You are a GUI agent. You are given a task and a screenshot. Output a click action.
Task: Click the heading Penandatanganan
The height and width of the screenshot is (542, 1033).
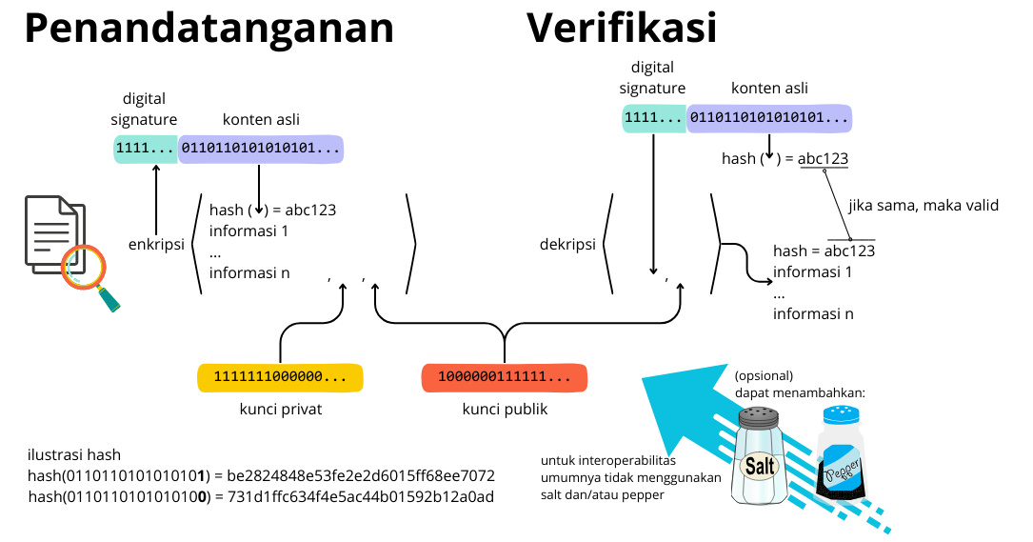click(x=209, y=29)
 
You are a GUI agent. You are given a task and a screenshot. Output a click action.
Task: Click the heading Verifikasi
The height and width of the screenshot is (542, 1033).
click(x=622, y=29)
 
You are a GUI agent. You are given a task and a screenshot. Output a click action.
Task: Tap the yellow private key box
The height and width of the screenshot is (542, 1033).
click(x=280, y=377)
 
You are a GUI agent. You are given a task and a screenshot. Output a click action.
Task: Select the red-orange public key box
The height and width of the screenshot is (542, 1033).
click(x=504, y=377)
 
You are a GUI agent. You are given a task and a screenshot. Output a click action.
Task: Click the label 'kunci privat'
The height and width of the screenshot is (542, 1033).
click(x=281, y=410)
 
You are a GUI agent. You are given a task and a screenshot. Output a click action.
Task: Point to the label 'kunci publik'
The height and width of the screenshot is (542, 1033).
click(x=505, y=410)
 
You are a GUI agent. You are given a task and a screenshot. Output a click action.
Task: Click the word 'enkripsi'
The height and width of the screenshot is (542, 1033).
click(x=156, y=245)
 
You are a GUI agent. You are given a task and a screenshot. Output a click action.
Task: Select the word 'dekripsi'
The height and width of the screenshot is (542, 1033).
click(x=567, y=245)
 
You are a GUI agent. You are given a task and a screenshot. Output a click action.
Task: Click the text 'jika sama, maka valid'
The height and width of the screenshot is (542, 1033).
click(x=923, y=205)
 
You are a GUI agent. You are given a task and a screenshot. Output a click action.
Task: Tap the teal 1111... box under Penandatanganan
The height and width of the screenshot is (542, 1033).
click(x=145, y=149)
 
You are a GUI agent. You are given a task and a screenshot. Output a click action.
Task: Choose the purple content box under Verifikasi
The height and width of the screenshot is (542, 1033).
click(x=769, y=118)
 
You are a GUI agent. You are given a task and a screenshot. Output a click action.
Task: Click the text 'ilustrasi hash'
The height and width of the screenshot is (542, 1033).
click(x=74, y=454)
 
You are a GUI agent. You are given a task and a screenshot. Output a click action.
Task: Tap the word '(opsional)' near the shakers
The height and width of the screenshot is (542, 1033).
click(x=764, y=374)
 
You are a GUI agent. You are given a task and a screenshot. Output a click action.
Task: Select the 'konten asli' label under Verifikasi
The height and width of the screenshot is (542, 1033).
click(x=769, y=89)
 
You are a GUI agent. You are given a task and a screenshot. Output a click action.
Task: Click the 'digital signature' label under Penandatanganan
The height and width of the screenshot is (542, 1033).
click(x=144, y=109)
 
